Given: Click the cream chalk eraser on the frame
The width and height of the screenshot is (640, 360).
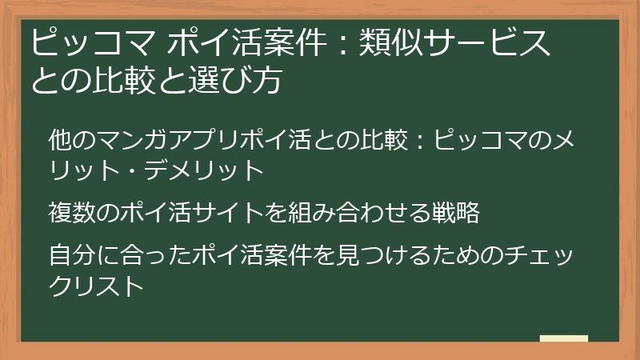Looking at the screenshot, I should pos(563,339).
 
